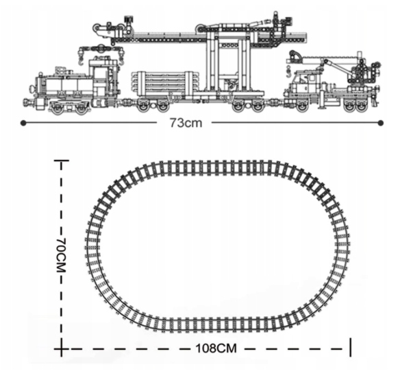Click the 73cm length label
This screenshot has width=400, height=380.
point(186,123)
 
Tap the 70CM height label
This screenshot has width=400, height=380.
point(61,255)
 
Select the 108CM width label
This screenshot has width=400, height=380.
point(216,348)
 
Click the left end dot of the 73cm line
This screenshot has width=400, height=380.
point(23,123)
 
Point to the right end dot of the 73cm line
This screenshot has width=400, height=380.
point(381,123)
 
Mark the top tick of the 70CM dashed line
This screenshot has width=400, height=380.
point(61,161)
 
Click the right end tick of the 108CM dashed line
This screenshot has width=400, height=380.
point(351,347)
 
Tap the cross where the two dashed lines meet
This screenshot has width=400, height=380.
point(61,348)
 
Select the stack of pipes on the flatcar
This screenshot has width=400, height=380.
point(165,82)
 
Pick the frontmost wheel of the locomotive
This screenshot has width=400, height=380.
point(58,108)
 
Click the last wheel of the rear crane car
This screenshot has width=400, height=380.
point(361,107)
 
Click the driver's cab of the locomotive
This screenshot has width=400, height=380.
point(103,76)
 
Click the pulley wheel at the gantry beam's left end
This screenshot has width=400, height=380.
point(97,29)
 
